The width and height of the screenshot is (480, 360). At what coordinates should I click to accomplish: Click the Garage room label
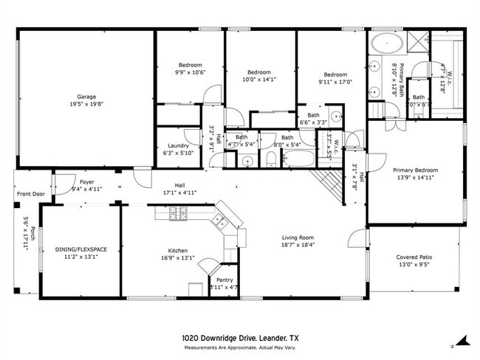86,97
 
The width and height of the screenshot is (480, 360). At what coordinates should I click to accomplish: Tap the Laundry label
178,146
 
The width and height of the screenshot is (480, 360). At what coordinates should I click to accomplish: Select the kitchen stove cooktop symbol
179,214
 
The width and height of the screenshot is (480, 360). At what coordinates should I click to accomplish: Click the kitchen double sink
219,219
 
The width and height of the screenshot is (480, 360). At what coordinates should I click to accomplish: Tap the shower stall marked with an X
416,41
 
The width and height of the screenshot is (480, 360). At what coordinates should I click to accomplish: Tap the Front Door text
30,195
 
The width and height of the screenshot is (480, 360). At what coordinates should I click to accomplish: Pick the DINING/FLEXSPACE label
81,249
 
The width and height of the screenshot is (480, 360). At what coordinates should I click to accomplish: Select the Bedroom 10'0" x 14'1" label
259,72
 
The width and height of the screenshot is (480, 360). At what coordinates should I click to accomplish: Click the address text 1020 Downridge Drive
219,337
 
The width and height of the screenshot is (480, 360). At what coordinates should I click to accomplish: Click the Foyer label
86,181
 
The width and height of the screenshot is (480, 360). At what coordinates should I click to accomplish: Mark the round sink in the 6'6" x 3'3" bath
335,116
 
